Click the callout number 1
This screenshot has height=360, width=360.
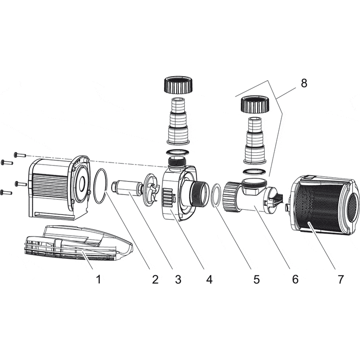tap(98, 280)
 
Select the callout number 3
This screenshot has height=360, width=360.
tap(178, 280)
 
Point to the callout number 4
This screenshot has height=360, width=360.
tap(209, 280)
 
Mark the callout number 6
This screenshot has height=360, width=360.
tap(295, 280)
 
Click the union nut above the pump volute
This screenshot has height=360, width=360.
tap(177, 84)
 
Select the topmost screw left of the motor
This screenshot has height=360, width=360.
tap(20, 154)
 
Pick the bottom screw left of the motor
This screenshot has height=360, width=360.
tap(6, 192)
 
